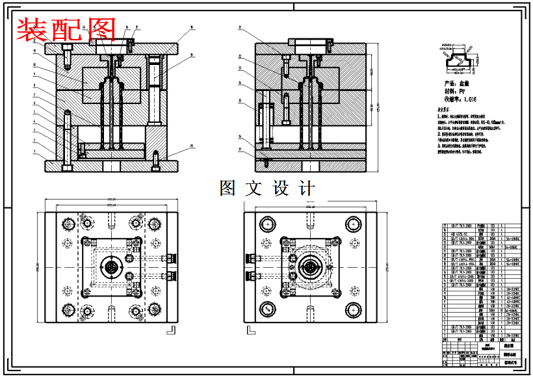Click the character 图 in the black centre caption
tap(228, 188)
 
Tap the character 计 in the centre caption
tap(306, 188)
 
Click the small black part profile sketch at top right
tap(463, 58)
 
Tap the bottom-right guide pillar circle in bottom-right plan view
tap(354, 309)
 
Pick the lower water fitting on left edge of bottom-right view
tap(250, 276)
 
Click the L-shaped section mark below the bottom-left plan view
tap(172, 330)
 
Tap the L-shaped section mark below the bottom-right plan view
tap(250, 330)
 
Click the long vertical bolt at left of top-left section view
tap(67, 140)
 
